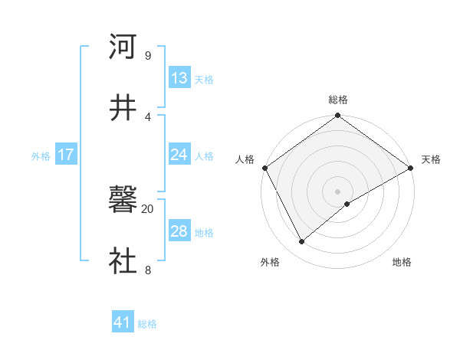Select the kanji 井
[123, 107]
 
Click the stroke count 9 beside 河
[147, 56]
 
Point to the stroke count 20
[147, 208]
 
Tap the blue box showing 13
[179, 78]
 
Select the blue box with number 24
[179, 155]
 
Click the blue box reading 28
[179, 231]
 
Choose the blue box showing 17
[66, 155]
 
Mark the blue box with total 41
[123, 323]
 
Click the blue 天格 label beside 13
[204, 80]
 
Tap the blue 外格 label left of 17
[41, 156]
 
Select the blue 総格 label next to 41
[147, 325]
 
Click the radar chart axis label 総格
[338, 100]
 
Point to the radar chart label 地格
[402, 263]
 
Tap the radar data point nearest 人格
[264, 168]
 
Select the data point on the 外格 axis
[302, 241]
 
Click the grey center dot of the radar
[338, 191]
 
